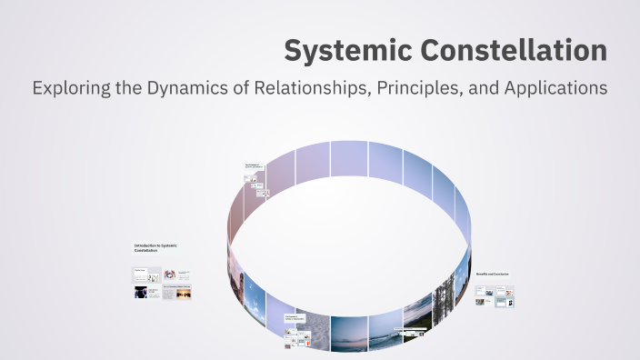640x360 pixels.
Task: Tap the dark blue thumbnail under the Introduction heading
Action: click(x=141, y=293)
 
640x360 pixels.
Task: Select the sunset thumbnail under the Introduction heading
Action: click(x=177, y=293)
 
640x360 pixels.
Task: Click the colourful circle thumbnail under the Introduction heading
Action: click(x=169, y=274)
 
